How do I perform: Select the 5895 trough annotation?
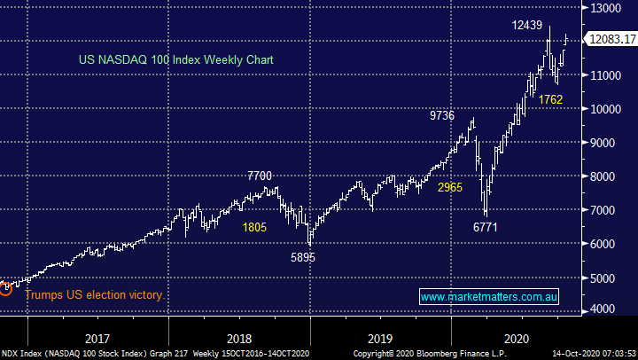click(x=303, y=257)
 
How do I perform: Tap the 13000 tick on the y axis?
click(x=610, y=8)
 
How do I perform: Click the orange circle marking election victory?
click(x=5, y=287)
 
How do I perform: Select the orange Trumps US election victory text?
click(x=94, y=295)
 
